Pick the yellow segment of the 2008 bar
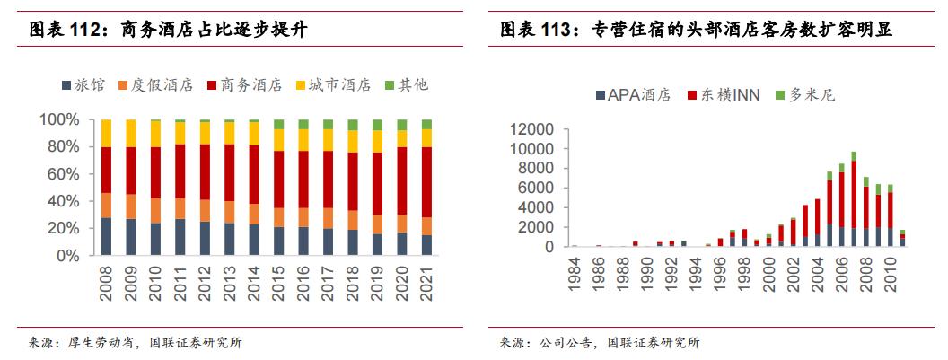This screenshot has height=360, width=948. click(x=107, y=134)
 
